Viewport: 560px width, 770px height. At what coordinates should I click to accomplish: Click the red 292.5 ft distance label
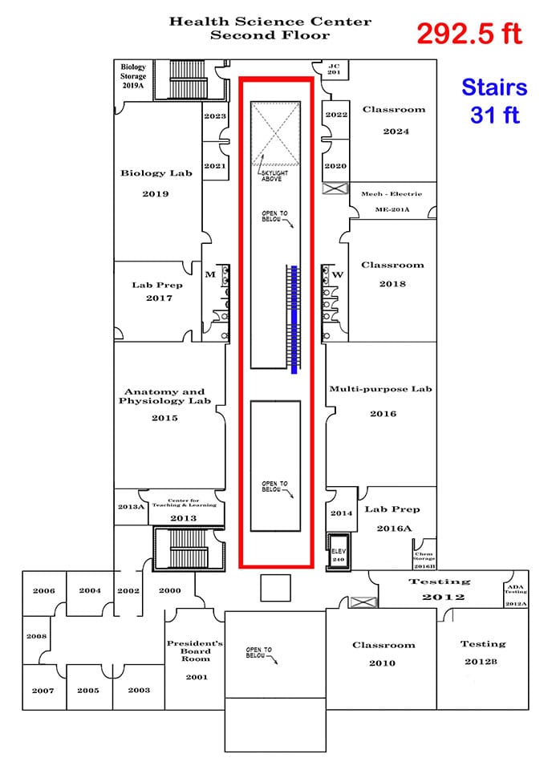(x=469, y=34)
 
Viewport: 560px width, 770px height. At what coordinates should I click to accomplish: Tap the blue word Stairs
(x=494, y=87)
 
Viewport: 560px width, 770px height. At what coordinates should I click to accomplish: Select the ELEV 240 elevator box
(x=339, y=551)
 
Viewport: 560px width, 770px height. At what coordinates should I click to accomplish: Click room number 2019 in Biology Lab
(x=156, y=194)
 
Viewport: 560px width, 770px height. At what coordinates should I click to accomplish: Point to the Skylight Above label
(x=274, y=176)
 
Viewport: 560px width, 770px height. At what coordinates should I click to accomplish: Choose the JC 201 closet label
(x=334, y=69)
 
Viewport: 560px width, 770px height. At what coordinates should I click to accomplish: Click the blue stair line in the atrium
(x=294, y=320)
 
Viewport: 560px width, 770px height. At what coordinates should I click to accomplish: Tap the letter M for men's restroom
(x=210, y=274)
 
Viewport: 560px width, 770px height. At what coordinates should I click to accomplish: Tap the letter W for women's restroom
(x=338, y=274)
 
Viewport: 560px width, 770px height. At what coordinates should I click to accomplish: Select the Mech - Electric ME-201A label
(x=392, y=201)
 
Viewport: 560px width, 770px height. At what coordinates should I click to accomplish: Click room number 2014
(x=342, y=513)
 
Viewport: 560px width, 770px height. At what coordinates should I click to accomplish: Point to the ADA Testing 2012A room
(x=516, y=594)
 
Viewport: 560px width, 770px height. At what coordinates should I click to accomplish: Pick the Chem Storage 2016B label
(x=424, y=560)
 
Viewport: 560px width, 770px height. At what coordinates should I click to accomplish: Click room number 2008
(x=36, y=636)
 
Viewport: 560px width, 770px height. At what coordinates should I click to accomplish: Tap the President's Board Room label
(x=196, y=650)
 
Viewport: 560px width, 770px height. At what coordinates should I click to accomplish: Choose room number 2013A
(x=131, y=506)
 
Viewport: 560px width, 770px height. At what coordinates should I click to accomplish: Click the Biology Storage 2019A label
(x=133, y=76)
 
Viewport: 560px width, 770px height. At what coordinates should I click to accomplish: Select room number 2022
(x=336, y=115)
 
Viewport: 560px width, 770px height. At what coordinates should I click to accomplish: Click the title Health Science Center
(x=270, y=22)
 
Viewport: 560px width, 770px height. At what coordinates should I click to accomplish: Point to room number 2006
(x=43, y=591)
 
